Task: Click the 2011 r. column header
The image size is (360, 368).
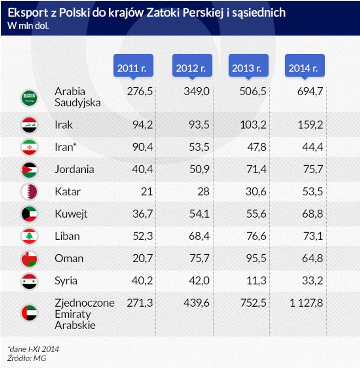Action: (x=134, y=68)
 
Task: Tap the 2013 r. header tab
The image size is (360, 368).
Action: (x=247, y=68)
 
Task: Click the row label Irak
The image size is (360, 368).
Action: (x=64, y=124)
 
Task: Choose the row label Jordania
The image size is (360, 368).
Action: (x=74, y=169)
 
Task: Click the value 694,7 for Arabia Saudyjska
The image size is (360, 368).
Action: (x=310, y=91)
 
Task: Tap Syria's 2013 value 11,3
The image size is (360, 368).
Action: (x=257, y=281)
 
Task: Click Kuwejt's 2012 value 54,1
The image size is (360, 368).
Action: (x=200, y=214)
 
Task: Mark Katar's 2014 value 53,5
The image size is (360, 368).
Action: (x=313, y=192)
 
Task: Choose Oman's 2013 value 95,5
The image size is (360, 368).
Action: (x=257, y=258)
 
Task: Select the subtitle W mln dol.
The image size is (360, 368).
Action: (x=28, y=25)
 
